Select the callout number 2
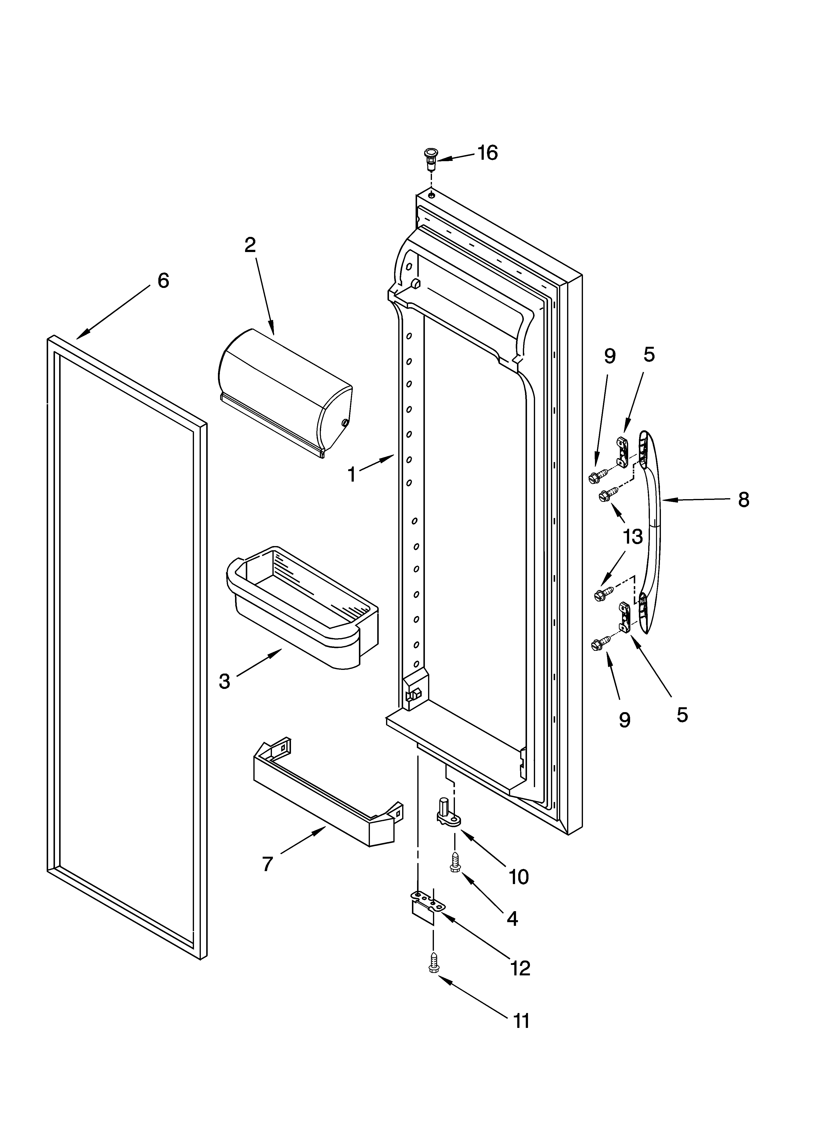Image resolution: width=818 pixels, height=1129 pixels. [250, 244]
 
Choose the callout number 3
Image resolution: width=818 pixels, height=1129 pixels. [225, 681]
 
